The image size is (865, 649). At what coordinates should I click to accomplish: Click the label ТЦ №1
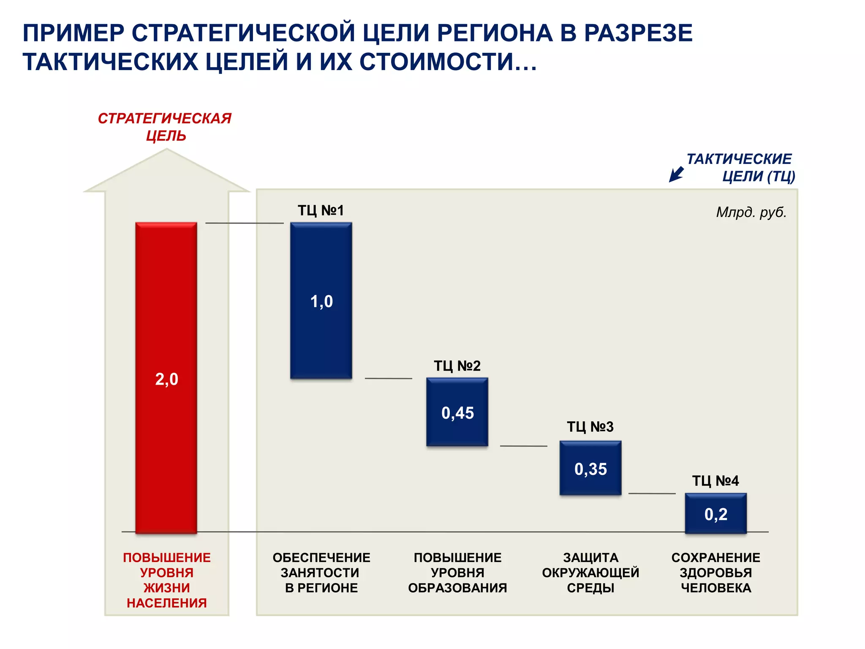click(321, 210)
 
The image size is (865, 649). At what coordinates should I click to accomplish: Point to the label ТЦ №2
click(457, 365)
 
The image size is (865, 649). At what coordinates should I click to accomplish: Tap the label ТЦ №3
click(590, 426)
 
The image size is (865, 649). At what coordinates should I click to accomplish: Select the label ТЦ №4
click(715, 480)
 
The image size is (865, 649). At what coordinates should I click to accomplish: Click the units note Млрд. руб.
click(751, 212)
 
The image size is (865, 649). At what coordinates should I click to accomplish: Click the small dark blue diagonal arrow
click(676, 174)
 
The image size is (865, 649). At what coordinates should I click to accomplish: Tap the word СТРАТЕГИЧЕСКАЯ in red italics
click(165, 118)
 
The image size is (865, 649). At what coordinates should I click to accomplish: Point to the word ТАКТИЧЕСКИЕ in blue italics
click(739, 159)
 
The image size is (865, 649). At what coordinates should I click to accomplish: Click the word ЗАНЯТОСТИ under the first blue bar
click(320, 573)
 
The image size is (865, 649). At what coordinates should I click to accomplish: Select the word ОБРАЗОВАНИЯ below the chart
click(457, 588)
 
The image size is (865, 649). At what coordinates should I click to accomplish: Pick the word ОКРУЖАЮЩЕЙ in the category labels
click(590, 573)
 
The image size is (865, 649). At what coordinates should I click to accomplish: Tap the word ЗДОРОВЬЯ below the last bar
click(716, 573)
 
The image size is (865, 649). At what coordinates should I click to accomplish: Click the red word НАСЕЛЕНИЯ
click(167, 603)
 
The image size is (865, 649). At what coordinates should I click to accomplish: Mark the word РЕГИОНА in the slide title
click(495, 33)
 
